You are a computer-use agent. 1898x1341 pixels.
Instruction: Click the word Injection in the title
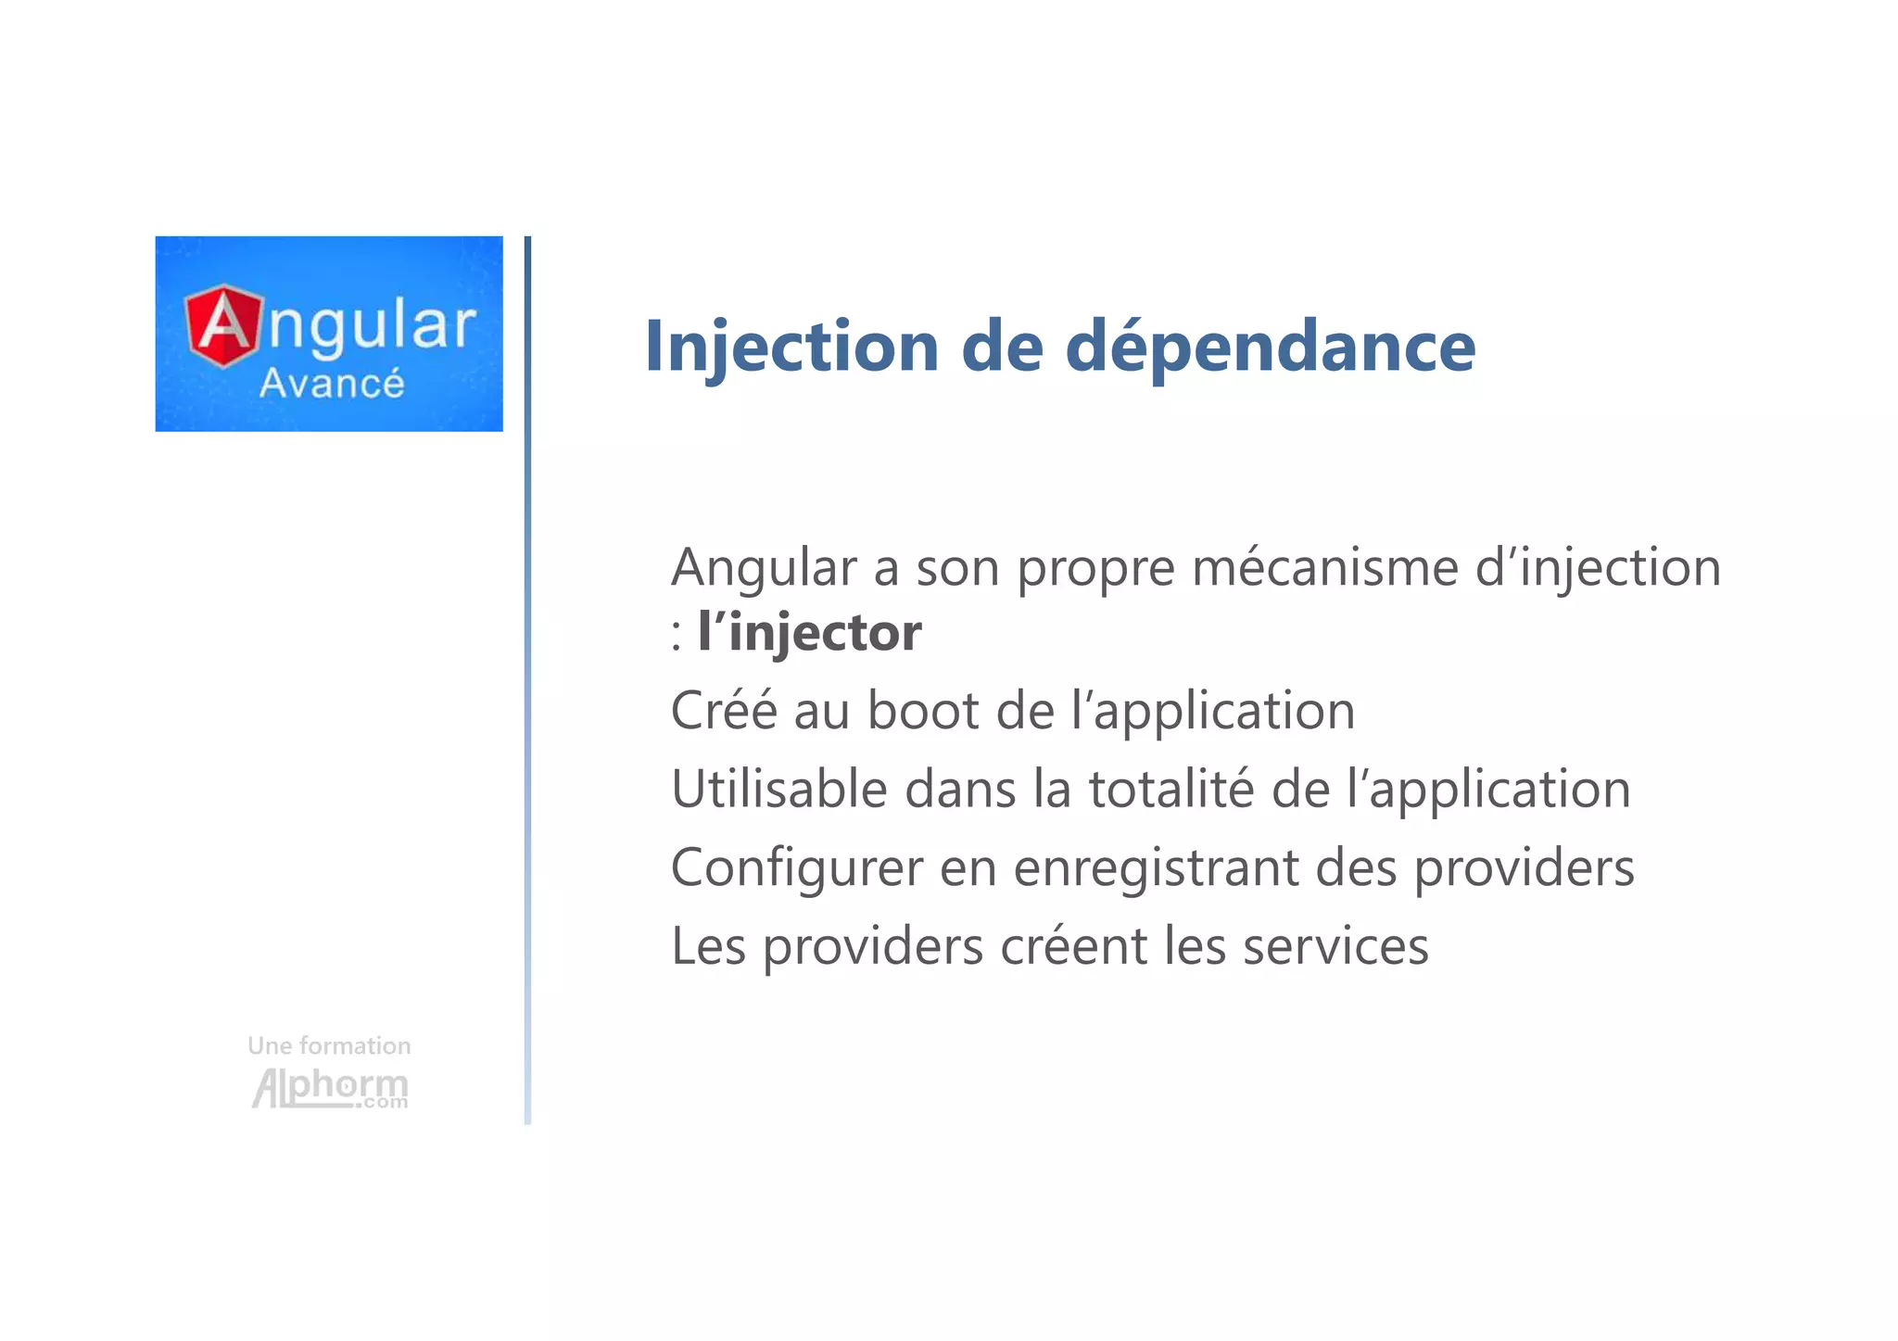(x=791, y=347)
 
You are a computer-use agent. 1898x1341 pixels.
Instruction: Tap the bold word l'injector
(x=809, y=633)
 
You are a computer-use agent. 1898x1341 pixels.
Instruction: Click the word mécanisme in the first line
(x=1325, y=567)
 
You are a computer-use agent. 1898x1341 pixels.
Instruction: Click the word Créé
(x=724, y=711)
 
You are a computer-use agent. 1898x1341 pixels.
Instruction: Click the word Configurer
(x=797, y=869)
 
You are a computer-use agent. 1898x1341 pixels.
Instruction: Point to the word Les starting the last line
(x=708, y=946)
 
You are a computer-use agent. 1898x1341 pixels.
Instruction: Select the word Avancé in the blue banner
(x=332, y=384)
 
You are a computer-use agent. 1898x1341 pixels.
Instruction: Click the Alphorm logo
(x=330, y=1088)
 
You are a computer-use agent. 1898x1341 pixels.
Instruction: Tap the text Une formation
(x=329, y=1046)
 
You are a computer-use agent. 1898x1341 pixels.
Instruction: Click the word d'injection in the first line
(x=1598, y=567)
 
